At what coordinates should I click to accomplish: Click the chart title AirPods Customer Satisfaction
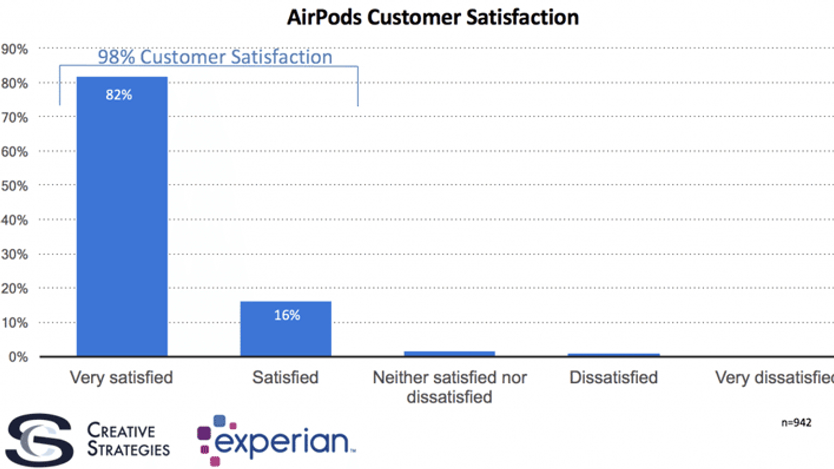pos(433,17)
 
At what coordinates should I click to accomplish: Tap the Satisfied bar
pos(286,334)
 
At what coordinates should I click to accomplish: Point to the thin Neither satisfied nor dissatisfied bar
pos(449,354)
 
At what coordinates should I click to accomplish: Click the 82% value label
pos(119,95)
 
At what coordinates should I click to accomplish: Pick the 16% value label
pos(287,315)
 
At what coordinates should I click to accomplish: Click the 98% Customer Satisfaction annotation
pos(215,57)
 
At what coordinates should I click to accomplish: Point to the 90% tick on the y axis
pos(15,50)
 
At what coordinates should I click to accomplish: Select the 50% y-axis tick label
pos(15,186)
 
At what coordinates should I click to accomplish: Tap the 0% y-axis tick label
pos(18,357)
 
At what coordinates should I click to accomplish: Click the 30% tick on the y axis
pos(15,254)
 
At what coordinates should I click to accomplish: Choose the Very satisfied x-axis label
pos(121,377)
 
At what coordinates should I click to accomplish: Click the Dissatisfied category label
pos(614,377)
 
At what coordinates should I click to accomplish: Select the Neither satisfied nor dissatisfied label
pos(449,387)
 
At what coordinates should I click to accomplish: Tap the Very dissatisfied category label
pos(774,377)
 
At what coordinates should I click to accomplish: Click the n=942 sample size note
pos(796,423)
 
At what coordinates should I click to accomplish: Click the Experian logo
pos(276,441)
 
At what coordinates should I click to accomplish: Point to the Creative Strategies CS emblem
pos(40,440)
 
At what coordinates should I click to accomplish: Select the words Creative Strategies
pos(128,440)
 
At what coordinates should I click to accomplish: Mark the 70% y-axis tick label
pos(15,118)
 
